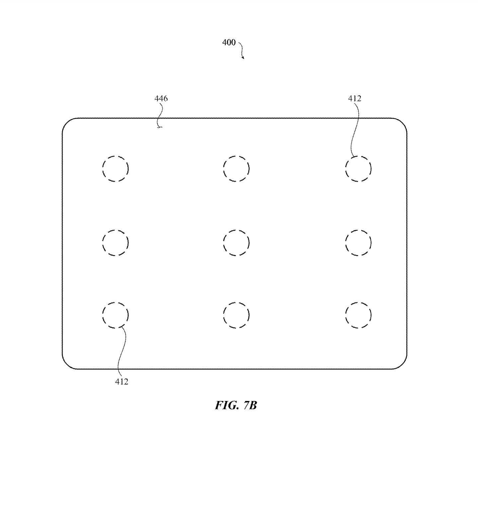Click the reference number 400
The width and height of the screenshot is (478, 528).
click(229, 42)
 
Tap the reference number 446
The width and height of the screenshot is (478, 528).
click(161, 99)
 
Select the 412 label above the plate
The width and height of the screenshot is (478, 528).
click(355, 99)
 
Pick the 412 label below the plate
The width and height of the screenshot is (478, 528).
click(121, 382)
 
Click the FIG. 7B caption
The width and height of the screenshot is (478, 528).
click(236, 405)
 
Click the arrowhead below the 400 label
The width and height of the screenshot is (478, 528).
click(243, 58)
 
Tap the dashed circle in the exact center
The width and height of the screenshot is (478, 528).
click(236, 243)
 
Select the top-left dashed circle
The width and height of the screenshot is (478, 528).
click(115, 168)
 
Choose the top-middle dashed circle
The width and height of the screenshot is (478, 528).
click(236, 168)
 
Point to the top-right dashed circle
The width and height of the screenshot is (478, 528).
click(358, 168)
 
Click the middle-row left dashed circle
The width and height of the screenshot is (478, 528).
click(115, 243)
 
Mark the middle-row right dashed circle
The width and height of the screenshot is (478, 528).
click(358, 243)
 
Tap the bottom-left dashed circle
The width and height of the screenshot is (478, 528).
click(115, 315)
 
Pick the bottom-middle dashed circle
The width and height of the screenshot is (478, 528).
click(236, 315)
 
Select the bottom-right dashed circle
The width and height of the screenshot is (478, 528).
click(358, 315)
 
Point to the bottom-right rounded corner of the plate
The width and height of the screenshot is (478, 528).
click(402, 364)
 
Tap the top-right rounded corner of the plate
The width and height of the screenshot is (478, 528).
click(402, 122)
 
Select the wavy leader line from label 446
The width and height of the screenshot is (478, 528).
click(160, 114)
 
